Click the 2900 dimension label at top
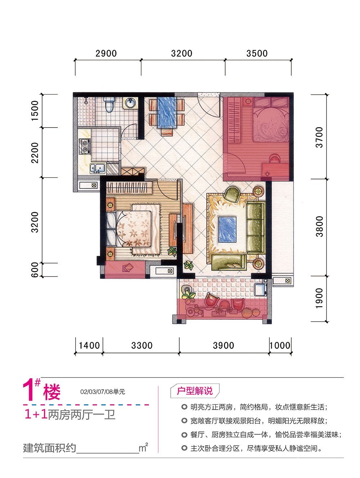[x=106, y=53]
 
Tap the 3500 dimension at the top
[x=257, y=53]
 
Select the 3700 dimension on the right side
[x=319, y=137]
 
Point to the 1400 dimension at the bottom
[x=89, y=345]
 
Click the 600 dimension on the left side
[x=35, y=269]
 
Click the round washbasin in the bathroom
[x=130, y=103]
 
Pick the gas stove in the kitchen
[x=85, y=146]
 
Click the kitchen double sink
[x=97, y=168]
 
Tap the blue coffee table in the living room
[x=227, y=229]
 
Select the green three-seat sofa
[x=256, y=227]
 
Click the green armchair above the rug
[x=232, y=194]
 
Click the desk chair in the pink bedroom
[x=275, y=158]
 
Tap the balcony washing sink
[x=260, y=289]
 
